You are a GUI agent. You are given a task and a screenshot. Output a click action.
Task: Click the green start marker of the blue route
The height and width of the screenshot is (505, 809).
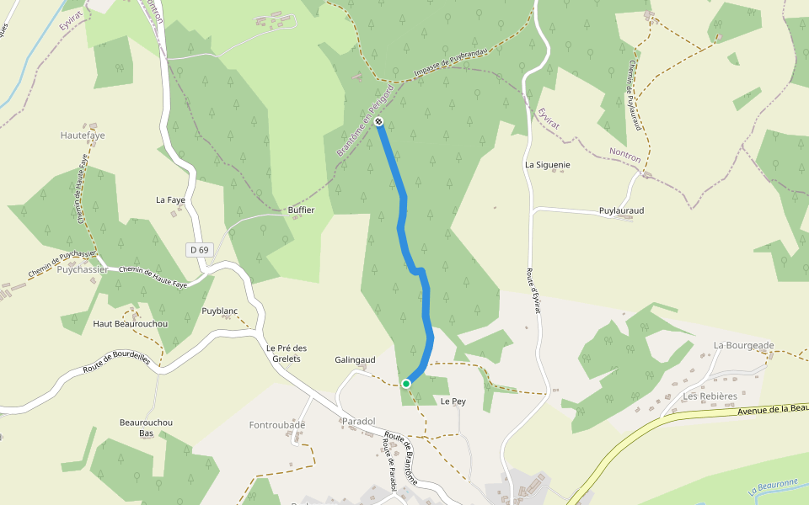pos(406,384)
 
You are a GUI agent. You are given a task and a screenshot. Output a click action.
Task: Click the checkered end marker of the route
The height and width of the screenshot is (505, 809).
pos(379,122)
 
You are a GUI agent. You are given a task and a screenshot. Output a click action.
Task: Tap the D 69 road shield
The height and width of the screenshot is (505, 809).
pos(199,249)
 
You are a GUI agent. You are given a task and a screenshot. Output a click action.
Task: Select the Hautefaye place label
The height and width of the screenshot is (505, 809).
pos(83,135)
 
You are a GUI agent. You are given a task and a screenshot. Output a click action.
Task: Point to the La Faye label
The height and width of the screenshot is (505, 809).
pos(170,199)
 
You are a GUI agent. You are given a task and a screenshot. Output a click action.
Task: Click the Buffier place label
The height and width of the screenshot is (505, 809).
pos(301,210)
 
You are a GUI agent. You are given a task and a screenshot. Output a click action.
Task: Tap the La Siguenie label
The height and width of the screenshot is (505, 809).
pos(548,165)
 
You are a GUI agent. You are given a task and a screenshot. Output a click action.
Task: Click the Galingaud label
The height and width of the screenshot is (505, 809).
pos(355,359)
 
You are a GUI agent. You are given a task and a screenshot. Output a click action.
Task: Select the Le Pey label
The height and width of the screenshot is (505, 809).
pos(453,401)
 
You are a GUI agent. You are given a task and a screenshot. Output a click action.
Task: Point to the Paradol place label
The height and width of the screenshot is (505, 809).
pos(358,421)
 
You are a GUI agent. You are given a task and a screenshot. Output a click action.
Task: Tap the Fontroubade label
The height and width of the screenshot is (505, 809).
pos(277,425)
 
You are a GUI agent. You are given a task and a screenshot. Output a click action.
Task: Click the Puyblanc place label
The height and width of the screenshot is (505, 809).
pos(220,311)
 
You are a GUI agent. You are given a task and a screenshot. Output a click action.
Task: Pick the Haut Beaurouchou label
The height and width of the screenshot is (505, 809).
pos(131,324)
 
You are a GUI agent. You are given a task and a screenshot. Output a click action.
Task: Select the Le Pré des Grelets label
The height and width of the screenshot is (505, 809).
pos(287,353)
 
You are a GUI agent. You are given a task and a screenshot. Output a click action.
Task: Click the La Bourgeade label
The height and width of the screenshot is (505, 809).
pos(743,345)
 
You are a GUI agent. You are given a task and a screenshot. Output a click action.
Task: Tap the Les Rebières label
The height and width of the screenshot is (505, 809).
pos(710,396)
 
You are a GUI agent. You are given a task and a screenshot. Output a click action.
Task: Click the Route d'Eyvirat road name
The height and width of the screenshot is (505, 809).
pos(533,290)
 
